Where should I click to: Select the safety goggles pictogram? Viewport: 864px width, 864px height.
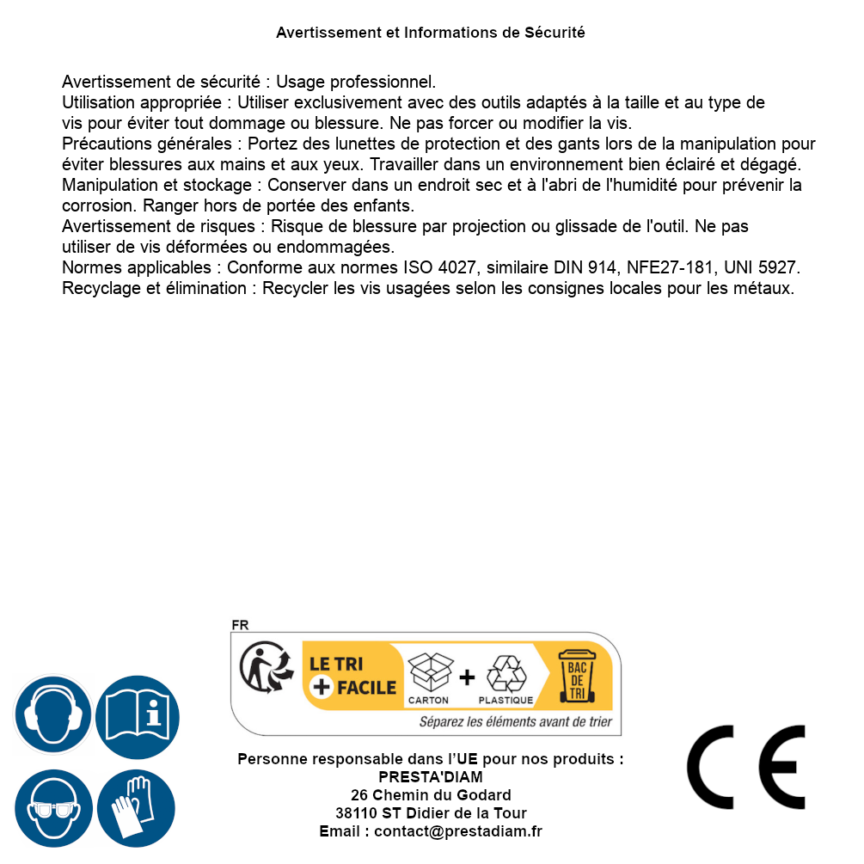click(x=52, y=809)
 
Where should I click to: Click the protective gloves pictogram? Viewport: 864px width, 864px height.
click(x=137, y=809)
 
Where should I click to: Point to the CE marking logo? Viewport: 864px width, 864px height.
click(x=746, y=767)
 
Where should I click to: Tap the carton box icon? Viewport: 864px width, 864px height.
click(x=429, y=672)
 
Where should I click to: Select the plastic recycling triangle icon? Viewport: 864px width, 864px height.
click(x=506, y=674)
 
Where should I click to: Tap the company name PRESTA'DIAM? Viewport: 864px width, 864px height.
click(x=431, y=777)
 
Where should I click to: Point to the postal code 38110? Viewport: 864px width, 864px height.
click(x=353, y=813)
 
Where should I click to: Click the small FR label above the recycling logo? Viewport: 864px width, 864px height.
click(x=240, y=625)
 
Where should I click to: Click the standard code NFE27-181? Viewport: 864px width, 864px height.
click(x=662, y=267)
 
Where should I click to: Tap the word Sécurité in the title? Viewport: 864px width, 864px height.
click(x=555, y=33)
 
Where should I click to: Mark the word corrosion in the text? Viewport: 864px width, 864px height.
click(x=98, y=205)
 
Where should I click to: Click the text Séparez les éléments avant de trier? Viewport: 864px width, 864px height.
click(x=515, y=722)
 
